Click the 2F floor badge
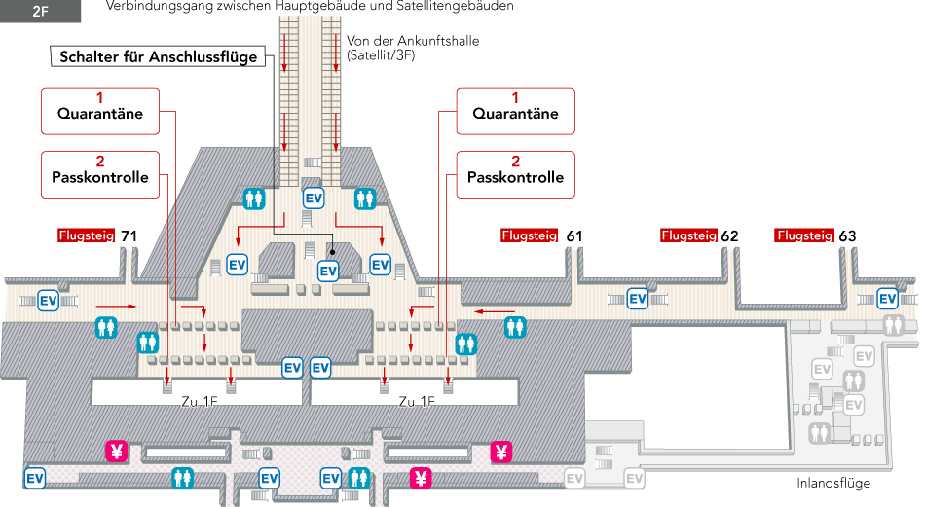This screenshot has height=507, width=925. (x=40, y=13)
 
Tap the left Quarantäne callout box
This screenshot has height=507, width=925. (x=99, y=111)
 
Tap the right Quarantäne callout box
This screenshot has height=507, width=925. (x=515, y=111)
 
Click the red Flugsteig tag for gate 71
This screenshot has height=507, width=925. (x=87, y=235)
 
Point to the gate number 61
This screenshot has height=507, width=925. (x=574, y=235)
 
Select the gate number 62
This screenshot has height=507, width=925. (x=730, y=235)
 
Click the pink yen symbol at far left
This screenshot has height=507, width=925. (x=116, y=451)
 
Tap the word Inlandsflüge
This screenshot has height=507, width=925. (x=832, y=484)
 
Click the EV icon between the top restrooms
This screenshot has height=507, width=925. (x=314, y=198)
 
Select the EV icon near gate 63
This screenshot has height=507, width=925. (x=887, y=298)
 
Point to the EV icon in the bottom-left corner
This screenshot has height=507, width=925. (x=34, y=478)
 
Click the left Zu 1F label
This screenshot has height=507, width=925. (x=200, y=402)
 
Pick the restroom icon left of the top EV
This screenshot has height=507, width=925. (x=254, y=199)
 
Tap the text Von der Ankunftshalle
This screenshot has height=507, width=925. (x=413, y=42)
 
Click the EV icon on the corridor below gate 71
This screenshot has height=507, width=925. (x=48, y=300)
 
